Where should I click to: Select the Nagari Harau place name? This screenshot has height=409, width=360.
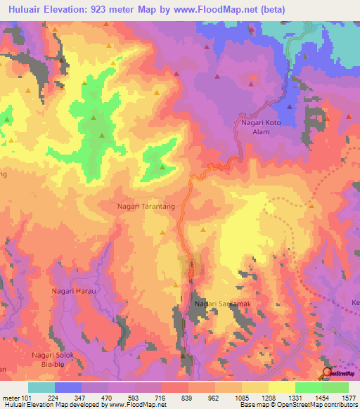pos(73,290)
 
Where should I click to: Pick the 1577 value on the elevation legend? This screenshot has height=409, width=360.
pos(348,397)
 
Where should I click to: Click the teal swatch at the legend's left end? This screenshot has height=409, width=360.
pos(41,387)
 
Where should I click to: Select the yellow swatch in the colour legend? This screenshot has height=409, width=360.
pos(281,387)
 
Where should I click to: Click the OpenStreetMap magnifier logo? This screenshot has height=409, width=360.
pos(327,374)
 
